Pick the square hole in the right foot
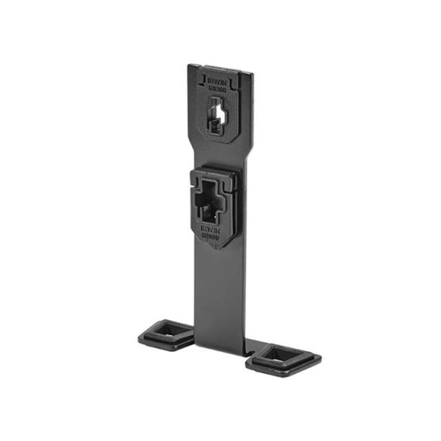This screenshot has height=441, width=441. click(x=283, y=356)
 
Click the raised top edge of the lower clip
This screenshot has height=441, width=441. click(x=213, y=174)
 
